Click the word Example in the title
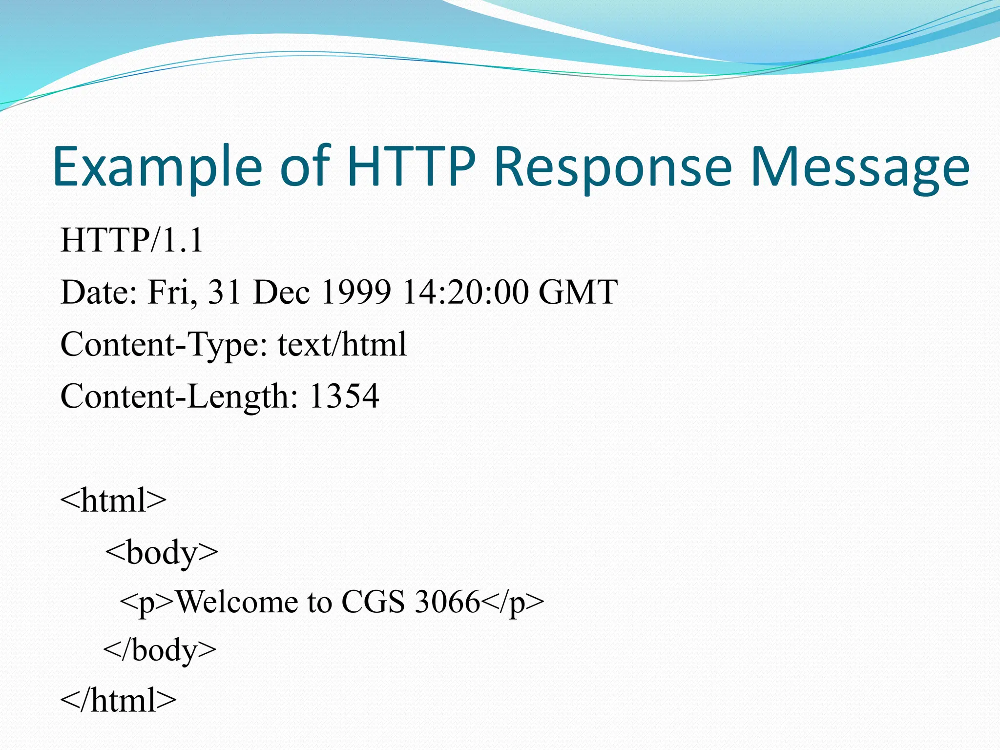pos(157,167)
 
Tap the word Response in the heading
pos(613,167)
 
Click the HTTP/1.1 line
pos(131,241)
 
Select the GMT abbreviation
pos(578,292)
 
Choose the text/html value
pos(342,344)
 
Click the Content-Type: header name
pos(164,344)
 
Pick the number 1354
pos(344,396)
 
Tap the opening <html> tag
pos(113,500)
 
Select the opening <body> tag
pos(162,553)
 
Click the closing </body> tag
pos(160,650)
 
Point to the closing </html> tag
pos(118,700)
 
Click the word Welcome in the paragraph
pos(236,602)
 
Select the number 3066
pos(447,602)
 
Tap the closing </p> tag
pos(513,603)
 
